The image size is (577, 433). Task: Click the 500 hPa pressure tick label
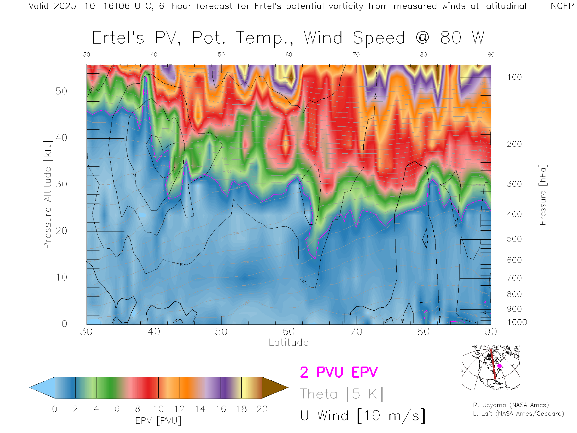[x=514, y=239]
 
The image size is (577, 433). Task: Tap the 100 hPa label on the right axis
[x=514, y=77]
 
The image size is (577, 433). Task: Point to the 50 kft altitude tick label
[x=61, y=91]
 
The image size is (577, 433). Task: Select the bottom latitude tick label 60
[x=288, y=332]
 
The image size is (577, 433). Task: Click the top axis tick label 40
[x=154, y=54]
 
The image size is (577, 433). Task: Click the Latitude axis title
[x=288, y=342]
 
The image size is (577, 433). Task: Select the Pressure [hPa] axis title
[x=542, y=195]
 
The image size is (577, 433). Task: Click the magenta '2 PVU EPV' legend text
[x=339, y=372]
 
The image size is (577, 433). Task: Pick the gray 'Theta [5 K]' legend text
[x=341, y=394]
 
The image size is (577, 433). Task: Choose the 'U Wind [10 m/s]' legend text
[x=362, y=416]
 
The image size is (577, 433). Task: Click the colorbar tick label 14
[x=200, y=409]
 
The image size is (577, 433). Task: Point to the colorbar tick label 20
[x=262, y=409]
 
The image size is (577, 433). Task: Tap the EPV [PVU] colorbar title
[x=158, y=421]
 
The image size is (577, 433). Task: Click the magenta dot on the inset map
[x=499, y=366]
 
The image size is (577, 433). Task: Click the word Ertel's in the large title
[x=118, y=38]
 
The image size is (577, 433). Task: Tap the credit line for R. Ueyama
[x=511, y=405]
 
